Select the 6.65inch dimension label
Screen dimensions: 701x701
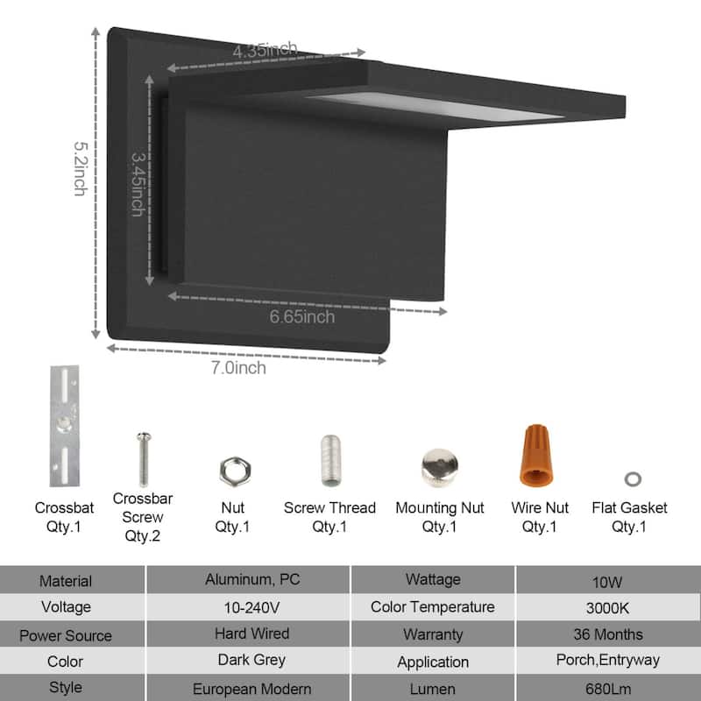coord(301,317)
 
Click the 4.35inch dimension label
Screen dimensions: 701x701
coord(265,50)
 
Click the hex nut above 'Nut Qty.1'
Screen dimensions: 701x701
coord(231,470)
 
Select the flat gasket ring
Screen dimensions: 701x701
coord(631,478)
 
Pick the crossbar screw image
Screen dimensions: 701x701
coord(143,460)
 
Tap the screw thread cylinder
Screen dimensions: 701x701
coord(330,461)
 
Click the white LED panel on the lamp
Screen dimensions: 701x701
coord(438,107)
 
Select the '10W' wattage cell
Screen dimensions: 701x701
coord(608,580)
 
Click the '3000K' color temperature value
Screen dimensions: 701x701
coord(608,607)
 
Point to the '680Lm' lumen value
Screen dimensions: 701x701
coord(608,689)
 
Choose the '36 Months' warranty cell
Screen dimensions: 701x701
coord(608,634)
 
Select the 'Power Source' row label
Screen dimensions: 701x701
coord(66,635)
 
